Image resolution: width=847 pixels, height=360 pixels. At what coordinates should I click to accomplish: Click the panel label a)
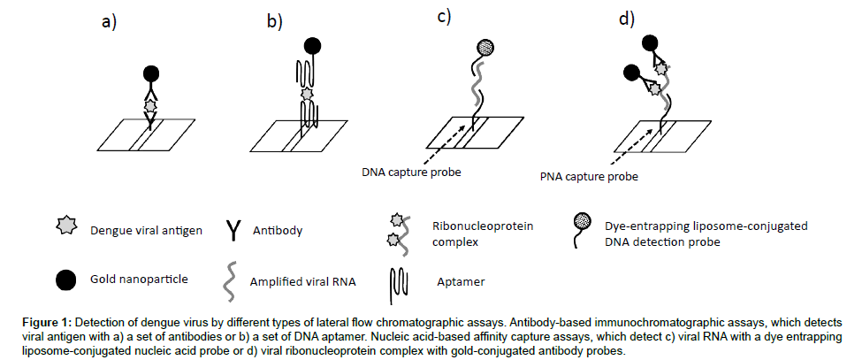coord(109,23)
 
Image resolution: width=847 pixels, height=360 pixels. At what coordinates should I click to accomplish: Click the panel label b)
coord(274,23)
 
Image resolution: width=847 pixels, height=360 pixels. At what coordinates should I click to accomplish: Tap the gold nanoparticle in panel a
coord(149,73)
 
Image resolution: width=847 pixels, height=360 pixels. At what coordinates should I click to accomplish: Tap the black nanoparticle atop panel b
coord(311,46)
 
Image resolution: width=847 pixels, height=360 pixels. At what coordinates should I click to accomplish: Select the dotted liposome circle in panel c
coord(485,48)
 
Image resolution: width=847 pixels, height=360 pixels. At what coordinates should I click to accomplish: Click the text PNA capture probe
coord(588,175)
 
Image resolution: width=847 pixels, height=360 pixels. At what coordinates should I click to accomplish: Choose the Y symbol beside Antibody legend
coord(233,231)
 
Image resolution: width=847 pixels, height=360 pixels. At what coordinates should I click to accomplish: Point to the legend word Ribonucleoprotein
coord(482,226)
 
